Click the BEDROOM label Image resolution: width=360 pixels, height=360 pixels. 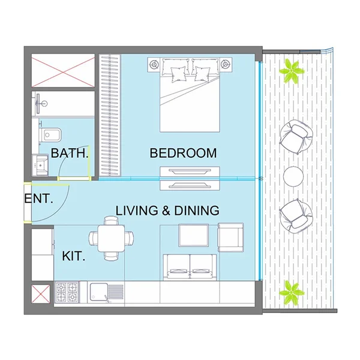click(x=183, y=154)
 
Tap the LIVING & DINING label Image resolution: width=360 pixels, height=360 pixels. click(x=167, y=211)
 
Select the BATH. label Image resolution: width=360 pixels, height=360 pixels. click(x=70, y=154)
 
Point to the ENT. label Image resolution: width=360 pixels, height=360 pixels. click(x=39, y=200)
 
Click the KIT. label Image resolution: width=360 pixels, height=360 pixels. click(x=73, y=257)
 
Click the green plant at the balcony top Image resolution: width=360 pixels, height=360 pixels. click(x=292, y=71)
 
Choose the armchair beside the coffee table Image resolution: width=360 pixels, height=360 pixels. click(x=231, y=236)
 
